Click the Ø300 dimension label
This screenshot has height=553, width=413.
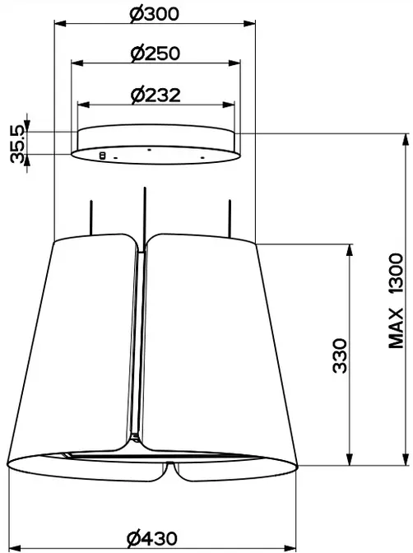(x=154, y=14)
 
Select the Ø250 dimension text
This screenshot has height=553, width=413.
(x=155, y=53)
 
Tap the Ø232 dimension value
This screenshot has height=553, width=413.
(x=155, y=95)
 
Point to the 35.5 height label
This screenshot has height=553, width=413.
(x=17, y=143)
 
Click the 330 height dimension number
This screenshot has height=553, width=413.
(x=340, y=355)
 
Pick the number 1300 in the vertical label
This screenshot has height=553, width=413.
(x=396, y=273)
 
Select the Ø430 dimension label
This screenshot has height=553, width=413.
(x=152, y=538)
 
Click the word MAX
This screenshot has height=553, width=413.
(x=396, y=328)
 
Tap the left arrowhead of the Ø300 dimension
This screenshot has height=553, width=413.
(x=60, y=24)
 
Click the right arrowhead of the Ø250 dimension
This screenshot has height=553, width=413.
(x=234, y=63)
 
